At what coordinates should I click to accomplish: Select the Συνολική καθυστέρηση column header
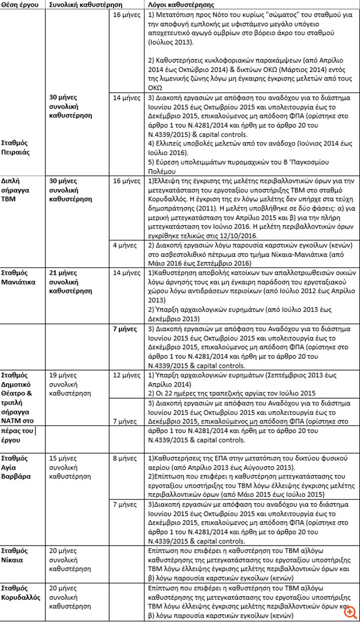point(75,4)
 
